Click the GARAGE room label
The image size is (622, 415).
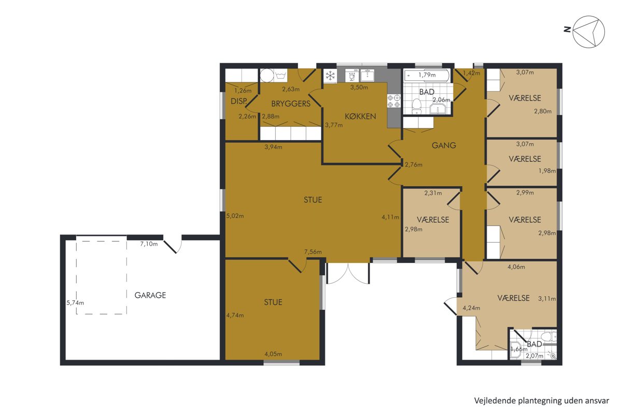tap(150, 295)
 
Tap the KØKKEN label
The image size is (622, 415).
tap(360, 116)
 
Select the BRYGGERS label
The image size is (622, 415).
tap(291, 104)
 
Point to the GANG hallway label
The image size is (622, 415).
tap(444, 145)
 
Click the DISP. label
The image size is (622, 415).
tap(239, 101)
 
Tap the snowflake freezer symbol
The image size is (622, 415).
tap(330, 76)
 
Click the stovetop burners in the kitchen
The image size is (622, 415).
tap(394, 101)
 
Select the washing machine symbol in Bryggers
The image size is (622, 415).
tap(281, 75)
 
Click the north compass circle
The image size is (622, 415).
tap(589, 32)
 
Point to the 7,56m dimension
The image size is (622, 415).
tap(313, 252)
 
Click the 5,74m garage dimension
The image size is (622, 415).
tap(75, 303)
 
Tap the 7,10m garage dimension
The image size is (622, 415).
tap(149, 244)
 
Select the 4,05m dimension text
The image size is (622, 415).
tap(273, 354)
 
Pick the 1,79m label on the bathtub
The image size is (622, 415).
tap(427, 75)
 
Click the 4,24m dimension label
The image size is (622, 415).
tap(471, 308)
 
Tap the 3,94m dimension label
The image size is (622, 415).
tap(273, 147)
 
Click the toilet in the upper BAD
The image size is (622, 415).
tap(416, 106)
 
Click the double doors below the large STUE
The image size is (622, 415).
tap(348, 273)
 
